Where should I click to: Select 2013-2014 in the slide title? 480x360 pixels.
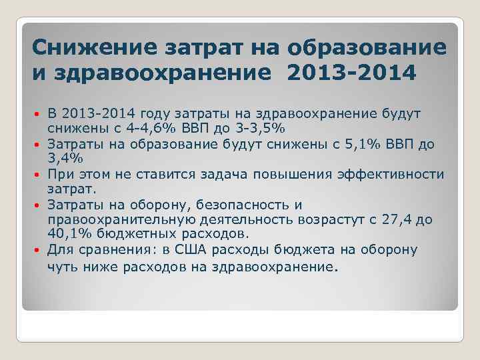(352, 71)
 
